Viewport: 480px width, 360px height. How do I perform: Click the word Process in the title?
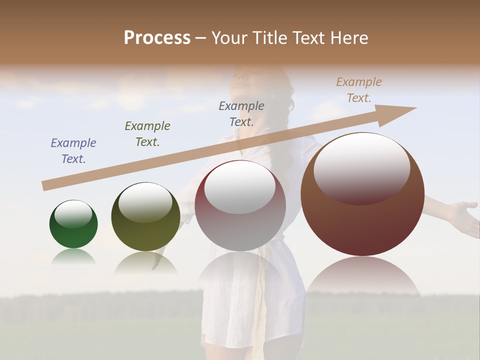tap(157, 37)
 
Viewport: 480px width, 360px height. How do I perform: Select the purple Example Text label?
tap(73, 150)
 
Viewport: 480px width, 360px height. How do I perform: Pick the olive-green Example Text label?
tap(147, 133)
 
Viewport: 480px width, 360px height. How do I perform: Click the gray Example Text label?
tap(241, 113)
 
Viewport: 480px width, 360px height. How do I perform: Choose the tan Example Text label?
tap(359, 89)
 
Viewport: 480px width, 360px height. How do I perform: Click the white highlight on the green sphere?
tap(73, 214)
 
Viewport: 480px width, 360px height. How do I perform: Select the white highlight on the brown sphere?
tap(361, 168)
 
